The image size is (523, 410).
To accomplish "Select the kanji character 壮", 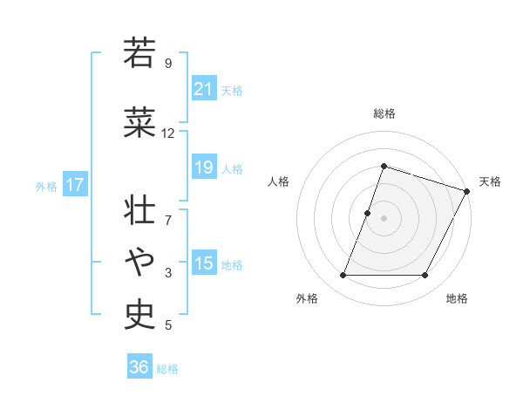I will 139,209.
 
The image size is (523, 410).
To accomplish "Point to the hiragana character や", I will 139,260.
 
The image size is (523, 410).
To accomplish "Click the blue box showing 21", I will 203,90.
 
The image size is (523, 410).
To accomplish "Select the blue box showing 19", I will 203,167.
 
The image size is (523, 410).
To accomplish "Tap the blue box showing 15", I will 203,263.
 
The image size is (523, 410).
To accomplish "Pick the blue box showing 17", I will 75,185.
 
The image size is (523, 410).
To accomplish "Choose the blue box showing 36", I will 139,367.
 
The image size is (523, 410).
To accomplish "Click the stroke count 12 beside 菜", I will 168,133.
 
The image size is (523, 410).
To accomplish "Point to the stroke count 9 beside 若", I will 168,63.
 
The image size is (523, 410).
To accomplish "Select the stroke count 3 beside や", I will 168,273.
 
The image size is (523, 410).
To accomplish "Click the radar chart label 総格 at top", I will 384,113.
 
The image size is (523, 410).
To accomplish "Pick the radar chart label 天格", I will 490,181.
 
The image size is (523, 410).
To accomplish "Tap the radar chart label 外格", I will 307,298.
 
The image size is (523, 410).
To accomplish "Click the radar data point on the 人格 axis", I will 368,213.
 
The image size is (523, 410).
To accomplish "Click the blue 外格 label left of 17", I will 46,186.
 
